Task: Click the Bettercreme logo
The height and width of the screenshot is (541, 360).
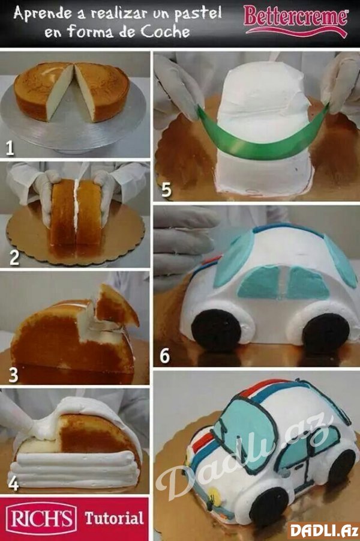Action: tap(296, 20)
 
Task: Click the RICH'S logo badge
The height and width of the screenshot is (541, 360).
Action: tap(41, 518)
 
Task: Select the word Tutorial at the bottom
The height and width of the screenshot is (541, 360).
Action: tap(114, 519)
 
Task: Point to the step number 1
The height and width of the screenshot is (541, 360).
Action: tap(10, 148)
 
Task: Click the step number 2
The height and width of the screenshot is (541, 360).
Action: tap(14, 258)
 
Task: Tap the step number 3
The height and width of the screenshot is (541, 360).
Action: tap(13, 375)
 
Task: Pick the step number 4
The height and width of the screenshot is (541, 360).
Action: tap(13, 483)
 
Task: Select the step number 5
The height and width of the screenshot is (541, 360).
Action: tap(166, 189)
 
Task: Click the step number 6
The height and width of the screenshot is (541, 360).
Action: tap(164, 355)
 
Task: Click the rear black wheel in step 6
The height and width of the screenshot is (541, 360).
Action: tap(326, 334)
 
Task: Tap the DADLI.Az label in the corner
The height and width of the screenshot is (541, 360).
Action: tap(322, 531)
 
